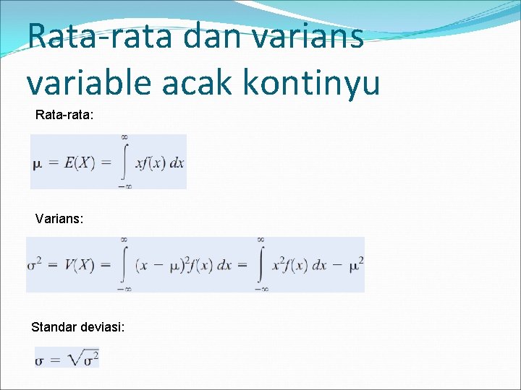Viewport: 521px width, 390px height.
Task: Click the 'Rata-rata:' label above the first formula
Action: (x=64, y=115)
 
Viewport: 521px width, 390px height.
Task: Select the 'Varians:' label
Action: (x=59, y=217)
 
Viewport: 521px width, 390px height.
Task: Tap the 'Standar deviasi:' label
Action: (x=77, y=327)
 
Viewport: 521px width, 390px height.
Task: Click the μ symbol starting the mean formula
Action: (x=38, y=163)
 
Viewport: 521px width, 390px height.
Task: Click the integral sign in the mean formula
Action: (x=124, y=162)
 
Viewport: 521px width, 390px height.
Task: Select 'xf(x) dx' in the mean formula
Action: (x=160, y=162)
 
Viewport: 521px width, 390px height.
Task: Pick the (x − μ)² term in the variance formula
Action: (x=161, y=265)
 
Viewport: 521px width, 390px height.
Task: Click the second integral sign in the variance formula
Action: (x=260, y=264)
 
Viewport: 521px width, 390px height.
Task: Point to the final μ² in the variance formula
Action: (x=355, y=264)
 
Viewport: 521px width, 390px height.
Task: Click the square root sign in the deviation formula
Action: (x=75, y=357)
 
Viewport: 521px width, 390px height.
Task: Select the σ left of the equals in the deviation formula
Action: (x=41, y=359)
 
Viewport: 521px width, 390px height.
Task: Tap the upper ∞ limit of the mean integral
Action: (x=124, y=137)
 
